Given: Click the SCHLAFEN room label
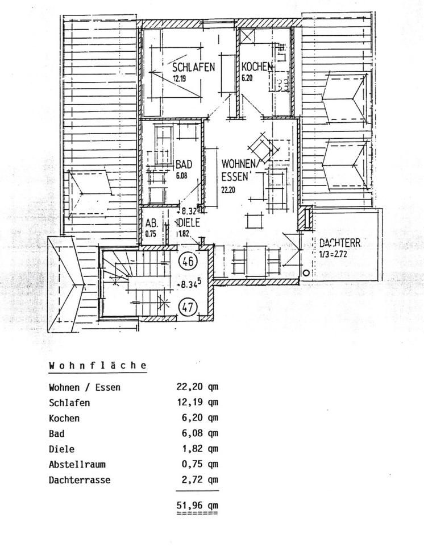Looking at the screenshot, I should click(x=193, y=67).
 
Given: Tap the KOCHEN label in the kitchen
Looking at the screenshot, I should click(x=257, y=67).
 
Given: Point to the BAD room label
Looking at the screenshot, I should click(x=184, y=164).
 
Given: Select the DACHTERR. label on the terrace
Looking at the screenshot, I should click(x=340, y=243).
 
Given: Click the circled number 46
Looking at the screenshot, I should click(x=188, y=262).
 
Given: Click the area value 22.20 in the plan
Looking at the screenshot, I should click(x=228, y=191).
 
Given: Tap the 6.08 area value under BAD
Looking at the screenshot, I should click(x=182, y=175).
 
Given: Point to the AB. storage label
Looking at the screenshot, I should click(x=151, y=223).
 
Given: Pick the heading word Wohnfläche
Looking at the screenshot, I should click(x=98, y=365).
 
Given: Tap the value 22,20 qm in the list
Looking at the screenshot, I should click(x=197, y=387).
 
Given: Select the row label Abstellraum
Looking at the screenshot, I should click(x=77, y=464).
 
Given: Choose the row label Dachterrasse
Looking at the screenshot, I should click(x=80, y=479).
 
